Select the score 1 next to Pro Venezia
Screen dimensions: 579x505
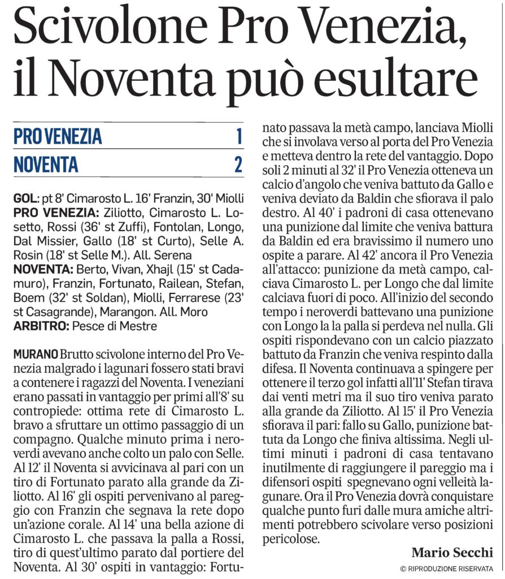(239, 136)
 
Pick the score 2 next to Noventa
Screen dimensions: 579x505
(238, 164)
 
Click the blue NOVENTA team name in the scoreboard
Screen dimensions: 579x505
(46, 165)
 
